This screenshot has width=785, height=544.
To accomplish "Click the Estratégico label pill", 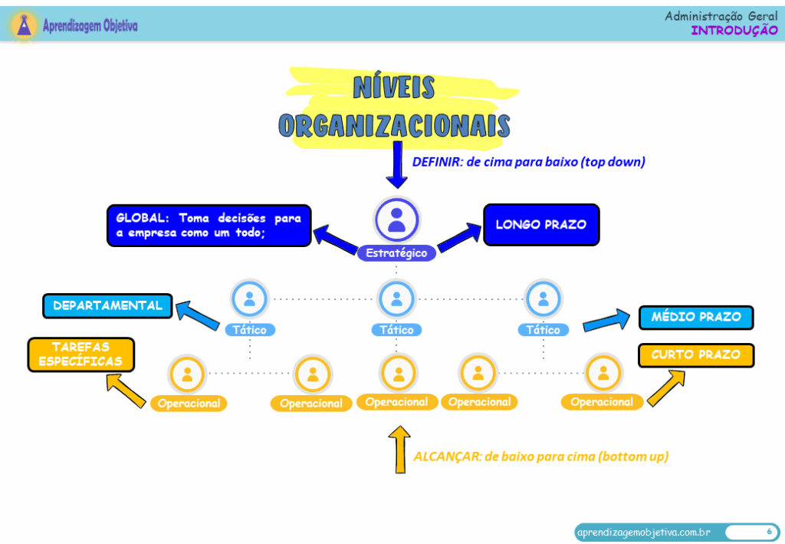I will click(x=396, y=252).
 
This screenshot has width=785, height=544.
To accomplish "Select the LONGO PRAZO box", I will click(x=540, y=225).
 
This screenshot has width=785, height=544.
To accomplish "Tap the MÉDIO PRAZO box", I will click(x=696, y=317).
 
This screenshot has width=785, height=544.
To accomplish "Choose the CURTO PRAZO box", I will click(x=696, y=355).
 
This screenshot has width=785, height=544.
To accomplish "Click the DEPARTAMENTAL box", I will click(x=107, y=305).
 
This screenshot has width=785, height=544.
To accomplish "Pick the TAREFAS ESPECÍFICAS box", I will click(x=80, y=354).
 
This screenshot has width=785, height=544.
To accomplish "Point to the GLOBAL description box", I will click(x=209, y=225).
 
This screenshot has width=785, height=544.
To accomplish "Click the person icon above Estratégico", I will click(x=396, y=218).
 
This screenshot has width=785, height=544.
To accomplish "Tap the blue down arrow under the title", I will click(x=396, y=164).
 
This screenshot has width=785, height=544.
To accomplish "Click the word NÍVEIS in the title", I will click(x=394, y=87).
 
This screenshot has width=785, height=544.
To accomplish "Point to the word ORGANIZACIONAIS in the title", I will click(x=394, y=125).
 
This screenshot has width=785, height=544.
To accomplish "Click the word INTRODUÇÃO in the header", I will click(x=734, y=30).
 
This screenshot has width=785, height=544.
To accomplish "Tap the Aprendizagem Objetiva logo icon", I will click(x=26, y=25).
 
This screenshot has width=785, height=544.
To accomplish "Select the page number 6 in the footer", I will click(x=768, y=531).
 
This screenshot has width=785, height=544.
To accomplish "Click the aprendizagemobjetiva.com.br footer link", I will click(x=642, y=532).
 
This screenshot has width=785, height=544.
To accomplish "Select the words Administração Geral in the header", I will click(x=721, y=15).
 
